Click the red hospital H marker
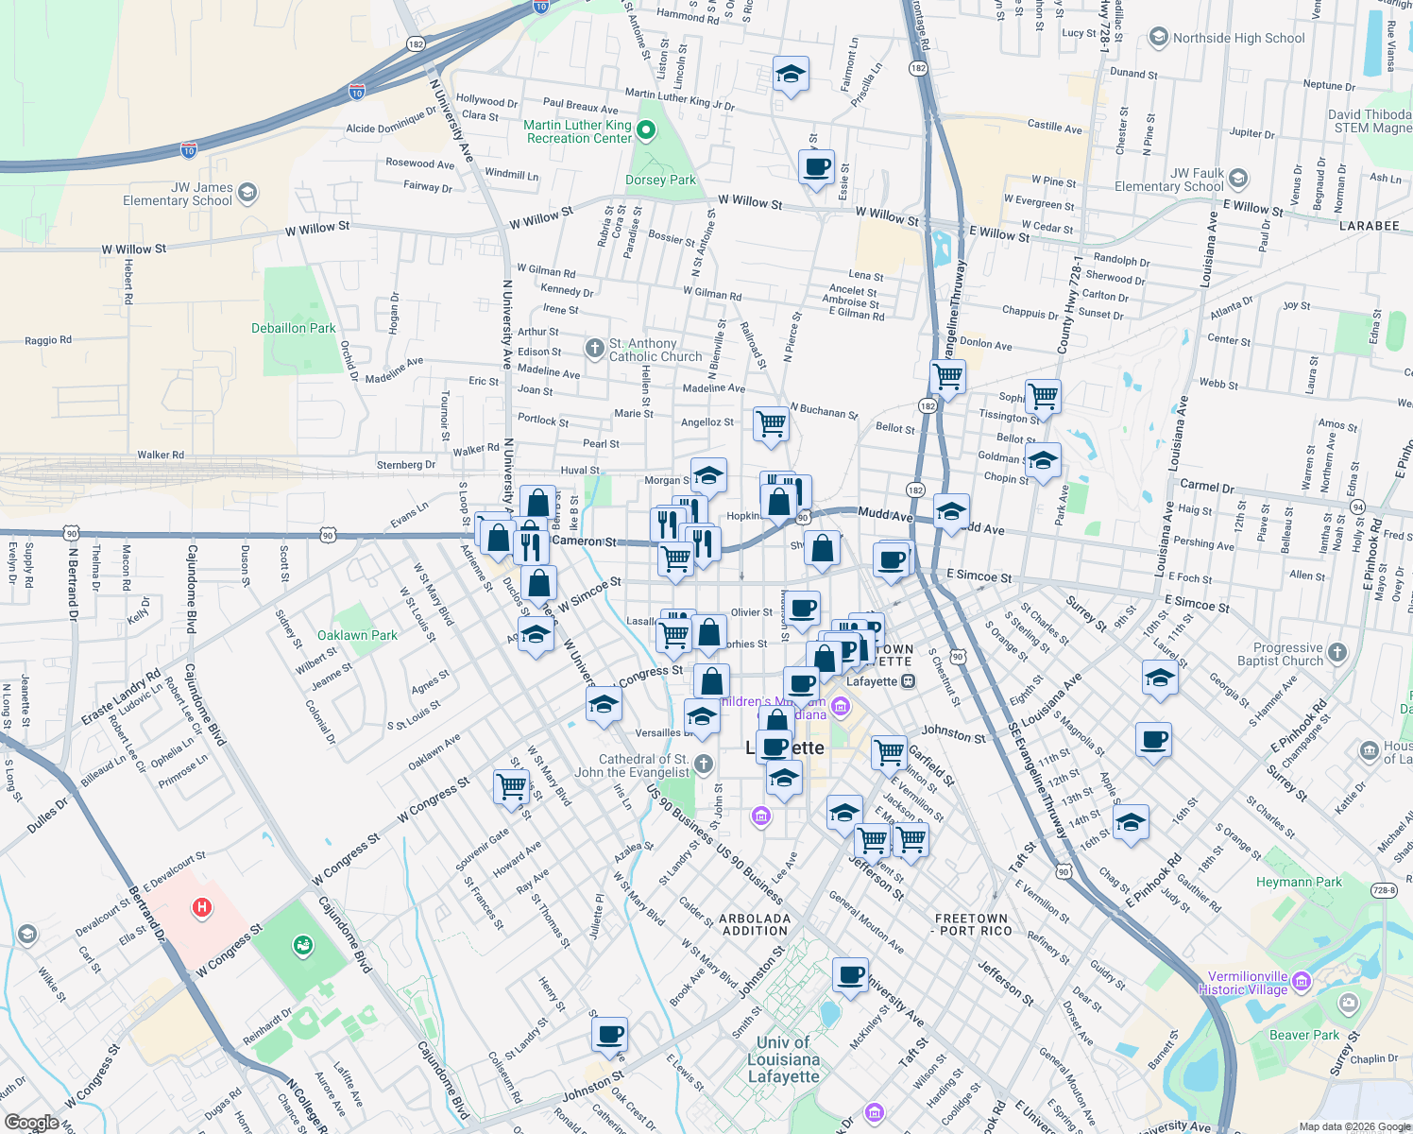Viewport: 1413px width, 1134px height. (201, 908)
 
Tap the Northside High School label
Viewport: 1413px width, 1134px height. (1238, 38)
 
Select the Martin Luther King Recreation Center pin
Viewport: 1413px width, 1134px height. (646, 130)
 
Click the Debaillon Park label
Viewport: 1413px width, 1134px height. (293, 328)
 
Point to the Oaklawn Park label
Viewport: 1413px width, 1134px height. (357, 635)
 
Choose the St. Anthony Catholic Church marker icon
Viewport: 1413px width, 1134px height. (594, 349)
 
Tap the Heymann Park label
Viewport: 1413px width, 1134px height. (1299, 882)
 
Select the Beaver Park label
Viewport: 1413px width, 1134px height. (1303, 1035)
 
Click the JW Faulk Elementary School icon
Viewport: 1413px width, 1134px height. (1238, 178)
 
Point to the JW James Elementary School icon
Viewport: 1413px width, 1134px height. (247, 193)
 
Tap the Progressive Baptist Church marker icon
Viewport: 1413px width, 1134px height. (1336, 652)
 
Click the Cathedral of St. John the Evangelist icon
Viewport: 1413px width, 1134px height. (703, 764)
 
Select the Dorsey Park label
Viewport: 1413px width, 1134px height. (660, 180)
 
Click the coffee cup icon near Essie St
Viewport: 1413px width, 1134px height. (817, 167)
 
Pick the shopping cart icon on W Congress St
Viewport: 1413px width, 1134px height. (511, 785)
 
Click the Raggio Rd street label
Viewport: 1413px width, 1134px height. (48, 340)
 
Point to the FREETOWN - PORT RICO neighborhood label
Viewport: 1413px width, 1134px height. (971, 924)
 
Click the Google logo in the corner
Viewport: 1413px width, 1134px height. (32, 1123)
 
